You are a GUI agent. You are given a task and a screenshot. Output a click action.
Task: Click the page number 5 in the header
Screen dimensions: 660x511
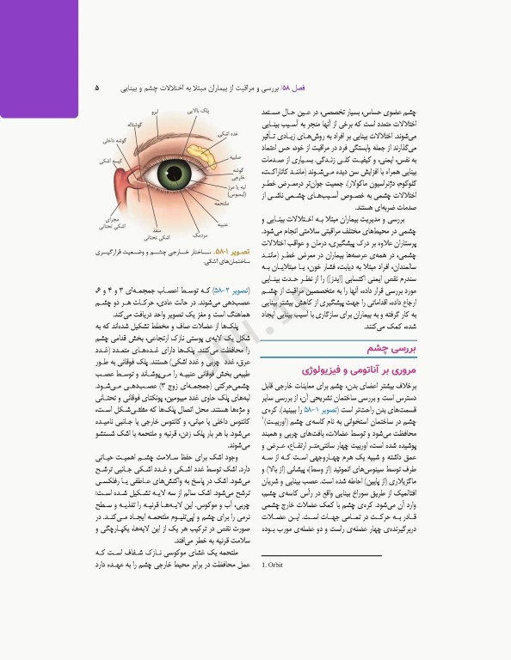pos(97,88)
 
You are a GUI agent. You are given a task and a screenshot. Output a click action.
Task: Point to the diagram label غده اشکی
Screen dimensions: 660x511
pos(222,133)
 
